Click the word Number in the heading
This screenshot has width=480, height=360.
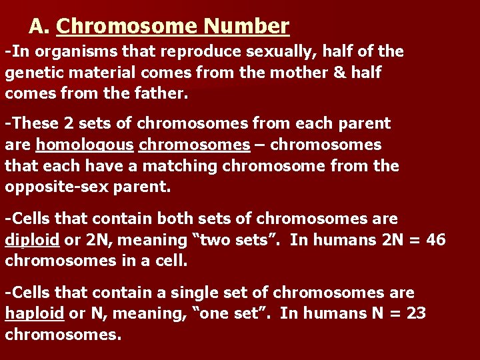[247, 26]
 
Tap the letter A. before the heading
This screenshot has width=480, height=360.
[40, 26]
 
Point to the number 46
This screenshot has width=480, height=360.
[434, 240]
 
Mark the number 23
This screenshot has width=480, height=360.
[415, 313]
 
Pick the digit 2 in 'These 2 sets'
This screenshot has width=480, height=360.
[69, 123]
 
